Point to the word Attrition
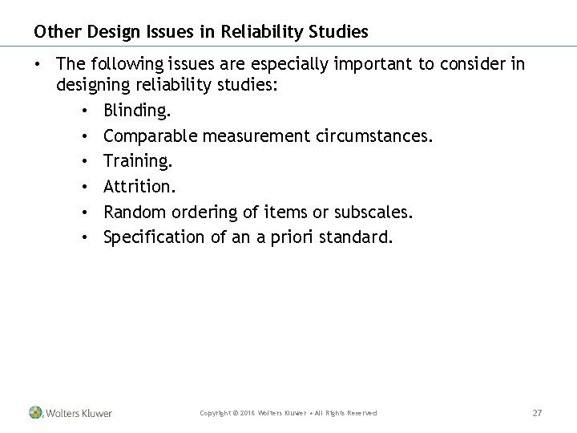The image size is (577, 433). click(138, 186)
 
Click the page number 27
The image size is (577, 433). click(538, 412)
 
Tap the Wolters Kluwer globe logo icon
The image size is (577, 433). click(35, 412)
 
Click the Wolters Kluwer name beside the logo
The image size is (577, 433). click(79, 413)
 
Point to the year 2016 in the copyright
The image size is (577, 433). click(244, 413)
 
